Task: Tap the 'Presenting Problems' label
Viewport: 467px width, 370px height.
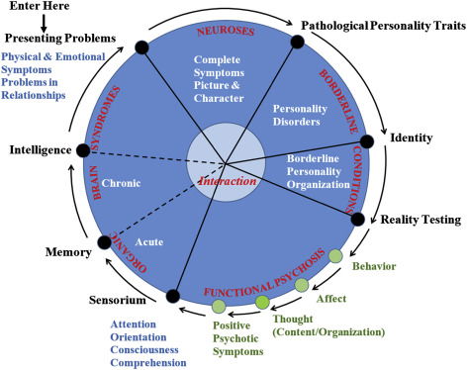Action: click(x=56, y=39)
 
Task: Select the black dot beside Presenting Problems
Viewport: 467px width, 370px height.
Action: click(x=142, y=46)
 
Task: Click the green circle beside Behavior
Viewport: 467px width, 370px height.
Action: click(x=335, y=256)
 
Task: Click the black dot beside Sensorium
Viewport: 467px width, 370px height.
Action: click(x=173, y=295)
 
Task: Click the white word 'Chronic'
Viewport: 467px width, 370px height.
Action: click(x=121, y=182)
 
